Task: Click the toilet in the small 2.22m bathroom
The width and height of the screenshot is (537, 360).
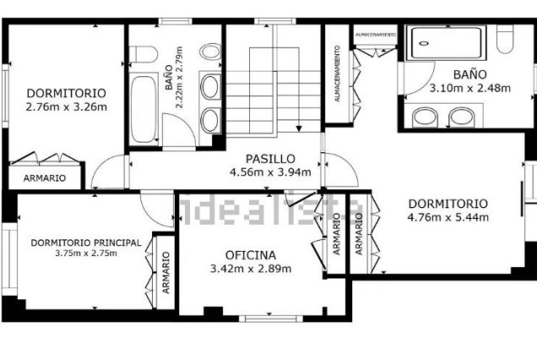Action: click(144, 55)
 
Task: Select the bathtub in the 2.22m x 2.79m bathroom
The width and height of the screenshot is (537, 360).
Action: click(144, 108)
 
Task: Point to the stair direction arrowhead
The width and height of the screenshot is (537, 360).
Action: click(299, 127)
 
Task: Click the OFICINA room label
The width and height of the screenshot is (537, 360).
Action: click(250, 254)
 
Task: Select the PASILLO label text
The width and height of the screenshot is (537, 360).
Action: click(270, 158)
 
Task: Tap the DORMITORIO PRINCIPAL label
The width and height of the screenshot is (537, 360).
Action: click(85, 243)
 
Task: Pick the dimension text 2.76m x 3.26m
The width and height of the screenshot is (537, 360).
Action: click(65, 107)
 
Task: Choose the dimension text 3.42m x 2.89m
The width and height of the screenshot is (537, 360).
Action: click(250, 269)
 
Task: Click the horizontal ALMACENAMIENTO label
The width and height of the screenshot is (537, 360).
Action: click(376, 34)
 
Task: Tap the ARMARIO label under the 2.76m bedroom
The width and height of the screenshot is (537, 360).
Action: click(44, 178)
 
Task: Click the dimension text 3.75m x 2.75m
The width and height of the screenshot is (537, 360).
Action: click(85, 254)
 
